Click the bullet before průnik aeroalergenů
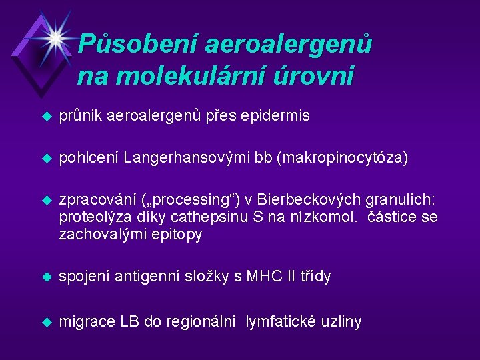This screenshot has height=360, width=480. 46,116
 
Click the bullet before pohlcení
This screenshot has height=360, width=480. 46,158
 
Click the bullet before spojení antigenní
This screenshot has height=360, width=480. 46,277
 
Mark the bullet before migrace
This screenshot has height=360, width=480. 46,322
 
